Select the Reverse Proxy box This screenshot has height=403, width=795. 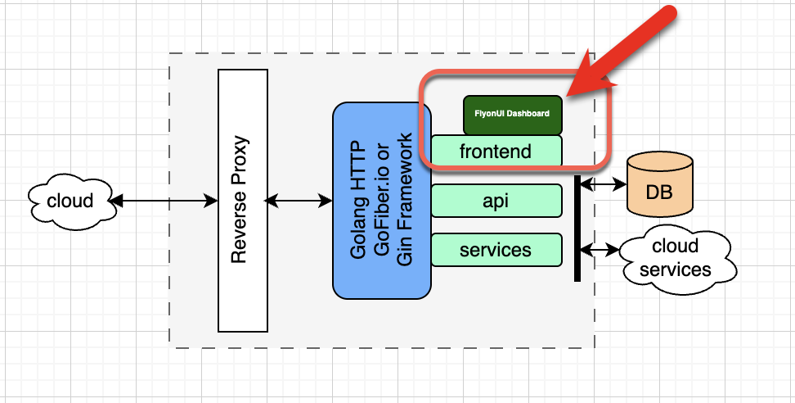(243, 201)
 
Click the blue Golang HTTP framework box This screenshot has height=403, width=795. (381, 201)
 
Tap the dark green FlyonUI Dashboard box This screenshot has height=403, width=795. (511, 114)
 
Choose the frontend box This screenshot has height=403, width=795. (496, 152)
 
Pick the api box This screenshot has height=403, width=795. (496, 201)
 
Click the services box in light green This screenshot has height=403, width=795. (496, 250)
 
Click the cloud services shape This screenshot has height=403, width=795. (675, 257)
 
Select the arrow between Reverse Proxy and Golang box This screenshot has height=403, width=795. (299, 201)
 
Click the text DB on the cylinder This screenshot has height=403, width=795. (658, 193)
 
